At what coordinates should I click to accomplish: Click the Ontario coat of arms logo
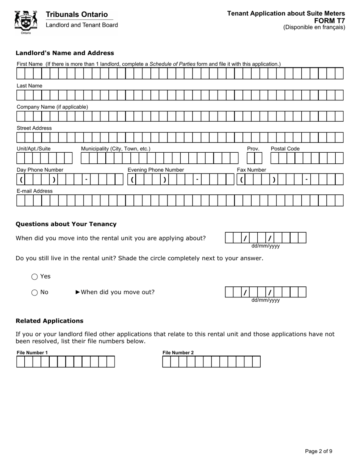click(26, 22)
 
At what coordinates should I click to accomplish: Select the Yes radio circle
click(34, 277)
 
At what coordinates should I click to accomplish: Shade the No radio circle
click(34, 292)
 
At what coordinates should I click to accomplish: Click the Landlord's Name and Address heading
click(65, 53)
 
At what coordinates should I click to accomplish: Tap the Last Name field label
click(30, 86)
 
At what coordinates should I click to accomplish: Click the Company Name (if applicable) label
click(52, 107)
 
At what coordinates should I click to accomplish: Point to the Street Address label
click(34, 128)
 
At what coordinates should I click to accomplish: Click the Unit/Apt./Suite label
click(34, 149)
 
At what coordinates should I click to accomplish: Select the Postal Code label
click(285, 149)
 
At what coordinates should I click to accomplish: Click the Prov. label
click(253, 149)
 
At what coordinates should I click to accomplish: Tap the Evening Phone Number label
click(156, 170)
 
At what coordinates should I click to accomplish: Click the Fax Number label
click(252, 170)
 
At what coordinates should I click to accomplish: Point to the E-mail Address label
click(34, 191)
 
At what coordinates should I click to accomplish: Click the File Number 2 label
click(178, 353)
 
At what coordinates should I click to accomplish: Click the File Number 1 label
click(32, 353)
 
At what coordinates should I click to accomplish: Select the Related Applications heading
click(49, 321)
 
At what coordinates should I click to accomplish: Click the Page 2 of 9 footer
click(319, 451)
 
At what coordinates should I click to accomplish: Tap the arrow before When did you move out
click(78, 292)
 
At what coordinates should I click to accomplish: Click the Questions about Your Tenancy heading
click(66, 224)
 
